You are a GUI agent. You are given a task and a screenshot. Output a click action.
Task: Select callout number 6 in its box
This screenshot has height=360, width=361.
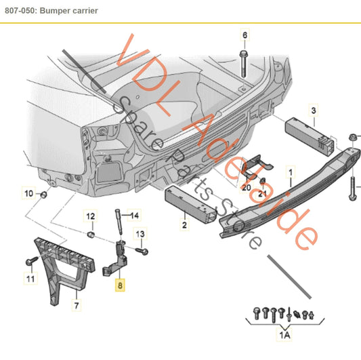click(245, 35)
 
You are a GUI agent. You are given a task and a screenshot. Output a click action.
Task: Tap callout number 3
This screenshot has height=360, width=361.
click(314, 110)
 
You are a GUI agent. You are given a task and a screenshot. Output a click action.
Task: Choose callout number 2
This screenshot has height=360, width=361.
click(184, 222)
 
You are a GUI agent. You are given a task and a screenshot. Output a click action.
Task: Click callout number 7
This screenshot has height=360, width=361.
click(77, 306)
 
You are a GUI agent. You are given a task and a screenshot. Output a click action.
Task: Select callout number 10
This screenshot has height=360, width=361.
click(28, 194)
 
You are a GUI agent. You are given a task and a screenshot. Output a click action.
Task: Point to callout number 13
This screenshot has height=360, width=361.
click(141, 234)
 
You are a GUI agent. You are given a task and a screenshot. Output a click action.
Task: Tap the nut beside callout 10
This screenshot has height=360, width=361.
click(43, 195)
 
